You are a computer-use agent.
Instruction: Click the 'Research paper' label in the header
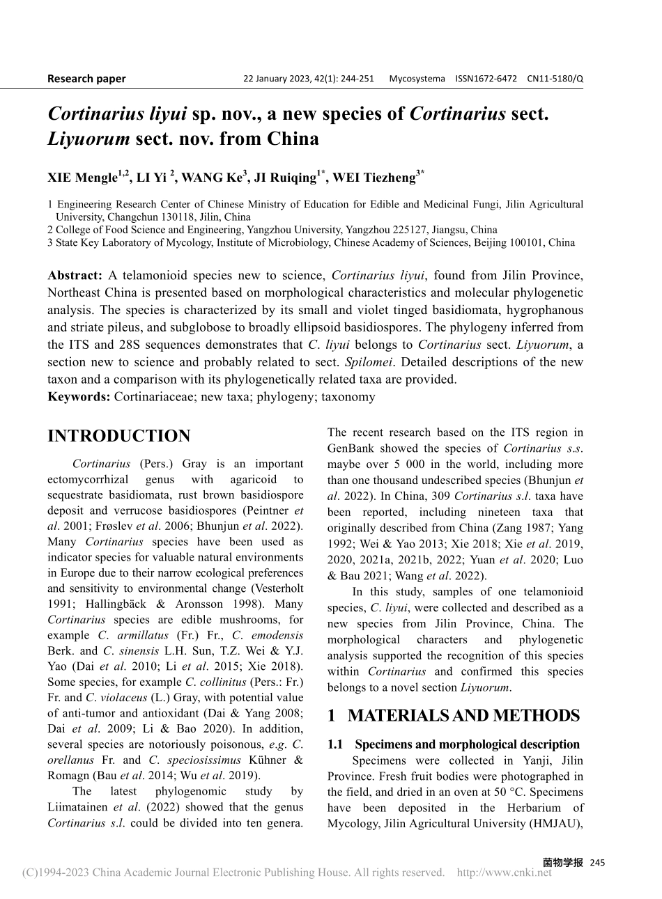coord(86,79)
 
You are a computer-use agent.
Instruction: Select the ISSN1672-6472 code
coord(486,79)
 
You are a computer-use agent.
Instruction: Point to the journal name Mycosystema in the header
coord(417,79)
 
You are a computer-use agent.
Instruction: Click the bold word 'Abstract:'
coord(75,275)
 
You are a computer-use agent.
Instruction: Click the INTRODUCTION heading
coord(118,437)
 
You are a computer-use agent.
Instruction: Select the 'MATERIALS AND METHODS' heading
coord(463,716)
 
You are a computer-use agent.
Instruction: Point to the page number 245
coord(597,863)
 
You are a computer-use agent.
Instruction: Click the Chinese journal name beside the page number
coord(562,862)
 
